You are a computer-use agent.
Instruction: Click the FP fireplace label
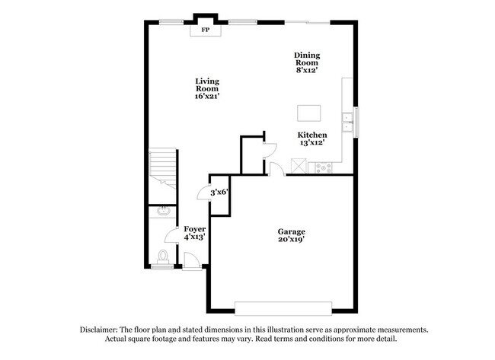click(x=205, y=30)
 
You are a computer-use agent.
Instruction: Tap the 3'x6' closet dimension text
click(x=219, y=192)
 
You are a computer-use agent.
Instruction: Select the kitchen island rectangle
click(x=308, y=113)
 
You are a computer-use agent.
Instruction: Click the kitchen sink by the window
click(x=347, y=123)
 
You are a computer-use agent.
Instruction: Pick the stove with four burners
click(x=324, y=166)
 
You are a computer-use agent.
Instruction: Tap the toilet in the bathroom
click(x=162, y=256)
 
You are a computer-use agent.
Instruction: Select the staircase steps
click(x=162, y=164)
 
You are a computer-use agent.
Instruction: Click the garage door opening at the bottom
click(x=283, y=308)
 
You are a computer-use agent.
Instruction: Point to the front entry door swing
click(x=192, y=260)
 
